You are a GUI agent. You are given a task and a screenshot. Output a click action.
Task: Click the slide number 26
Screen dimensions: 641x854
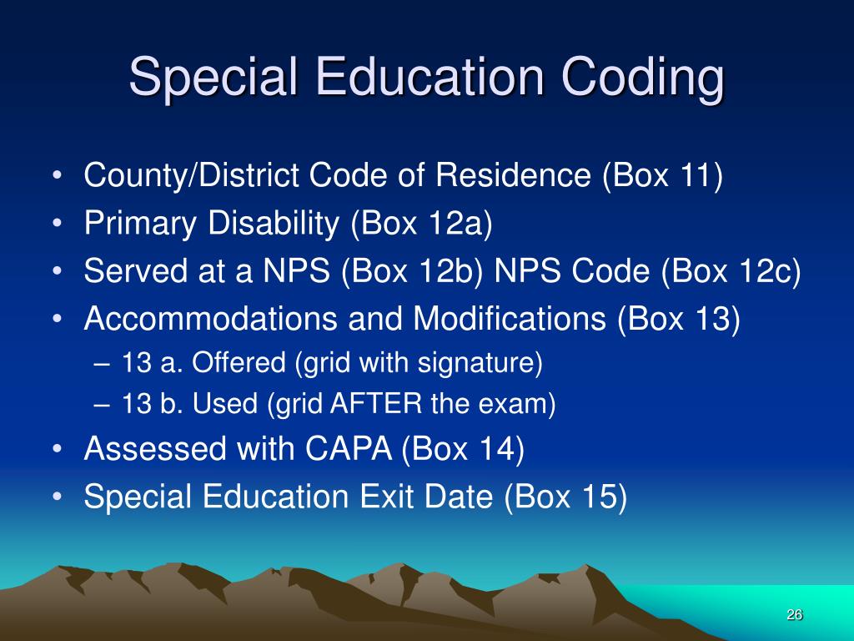tap(794, 615)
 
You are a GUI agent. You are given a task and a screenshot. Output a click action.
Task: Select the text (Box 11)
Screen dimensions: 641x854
tap(661, 177)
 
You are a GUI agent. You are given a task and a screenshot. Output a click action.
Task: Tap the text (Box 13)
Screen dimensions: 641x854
tap(679, 319)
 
